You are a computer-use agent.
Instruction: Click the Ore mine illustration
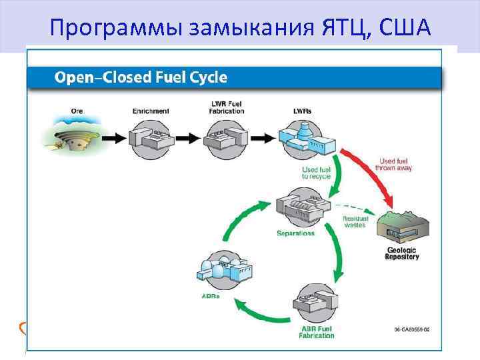pyautogui.click(x=73, y=137)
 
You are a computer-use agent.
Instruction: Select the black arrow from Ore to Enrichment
pyautogui.click(x=113, y=139)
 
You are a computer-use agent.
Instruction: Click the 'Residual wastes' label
pyautogui.click(x=354, y=221)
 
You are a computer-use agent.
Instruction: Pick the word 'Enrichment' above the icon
pyautogui.click(x=151, y=111)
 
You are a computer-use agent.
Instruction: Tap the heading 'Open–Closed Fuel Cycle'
pyautogui.click(x=141, y=77)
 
